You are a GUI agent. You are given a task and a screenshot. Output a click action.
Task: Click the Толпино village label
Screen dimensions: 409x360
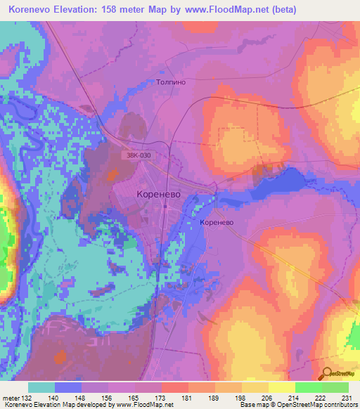[169, 82]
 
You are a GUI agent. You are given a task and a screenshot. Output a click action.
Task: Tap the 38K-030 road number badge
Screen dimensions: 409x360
[139, 155]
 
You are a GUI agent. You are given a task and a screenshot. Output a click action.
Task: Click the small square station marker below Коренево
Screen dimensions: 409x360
[165, 207]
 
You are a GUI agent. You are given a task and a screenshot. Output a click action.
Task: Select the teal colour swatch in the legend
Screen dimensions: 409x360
[41, 387]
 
